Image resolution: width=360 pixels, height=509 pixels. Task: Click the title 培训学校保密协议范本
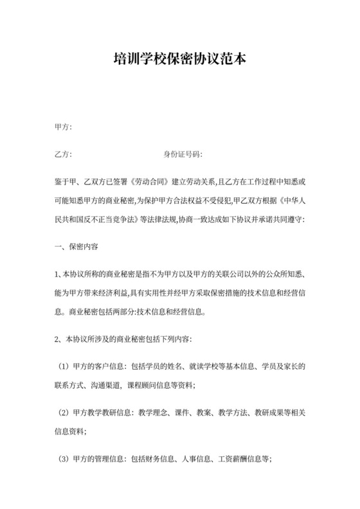180,60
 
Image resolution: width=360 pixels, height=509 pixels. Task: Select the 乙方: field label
63,155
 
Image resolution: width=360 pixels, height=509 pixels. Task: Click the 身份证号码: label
183,155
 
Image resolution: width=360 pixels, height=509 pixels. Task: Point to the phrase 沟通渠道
106,385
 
